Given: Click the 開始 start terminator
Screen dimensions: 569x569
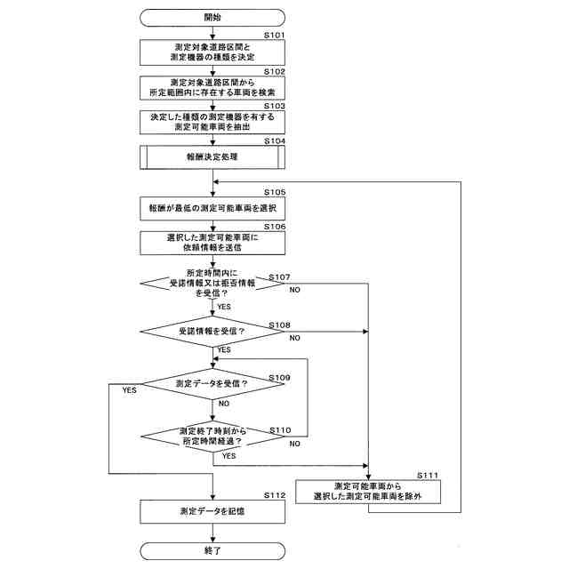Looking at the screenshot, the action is coord(212,18).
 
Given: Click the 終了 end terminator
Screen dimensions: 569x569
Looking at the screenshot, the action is coord(212,551).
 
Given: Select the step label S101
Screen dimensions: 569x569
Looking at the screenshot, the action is coord(275,36).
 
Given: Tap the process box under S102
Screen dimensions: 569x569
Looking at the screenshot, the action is coord(212,88).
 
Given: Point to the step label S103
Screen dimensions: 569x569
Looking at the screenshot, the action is coord(275,106).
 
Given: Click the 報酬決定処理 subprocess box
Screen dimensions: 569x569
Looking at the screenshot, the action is coord(212,157).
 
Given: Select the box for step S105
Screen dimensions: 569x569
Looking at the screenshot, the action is coord(212,208).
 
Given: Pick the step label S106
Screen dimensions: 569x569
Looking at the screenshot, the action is coord(275,227).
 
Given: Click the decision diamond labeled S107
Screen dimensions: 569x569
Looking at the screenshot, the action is coord(212,283).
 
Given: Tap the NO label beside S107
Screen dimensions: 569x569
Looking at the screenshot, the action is coord(294,290).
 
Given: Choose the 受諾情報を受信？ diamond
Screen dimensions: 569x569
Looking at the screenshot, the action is coord(212,332).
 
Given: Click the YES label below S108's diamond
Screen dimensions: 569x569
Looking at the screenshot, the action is coord(224,349).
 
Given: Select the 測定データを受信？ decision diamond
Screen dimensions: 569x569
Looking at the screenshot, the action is coord(212,384).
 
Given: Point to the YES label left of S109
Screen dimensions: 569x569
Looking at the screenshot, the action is coord(129,390).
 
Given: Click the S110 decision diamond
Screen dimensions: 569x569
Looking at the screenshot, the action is coord(212,437).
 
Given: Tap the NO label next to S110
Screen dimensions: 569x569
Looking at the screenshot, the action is coord(294,444).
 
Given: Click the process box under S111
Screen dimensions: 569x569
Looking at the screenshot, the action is coord(368,492).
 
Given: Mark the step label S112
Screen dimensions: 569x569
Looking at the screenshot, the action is coord(275,496).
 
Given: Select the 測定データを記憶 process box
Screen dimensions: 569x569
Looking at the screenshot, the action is coord(212,512).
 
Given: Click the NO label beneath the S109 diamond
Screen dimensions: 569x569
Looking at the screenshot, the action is coord(224,404).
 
